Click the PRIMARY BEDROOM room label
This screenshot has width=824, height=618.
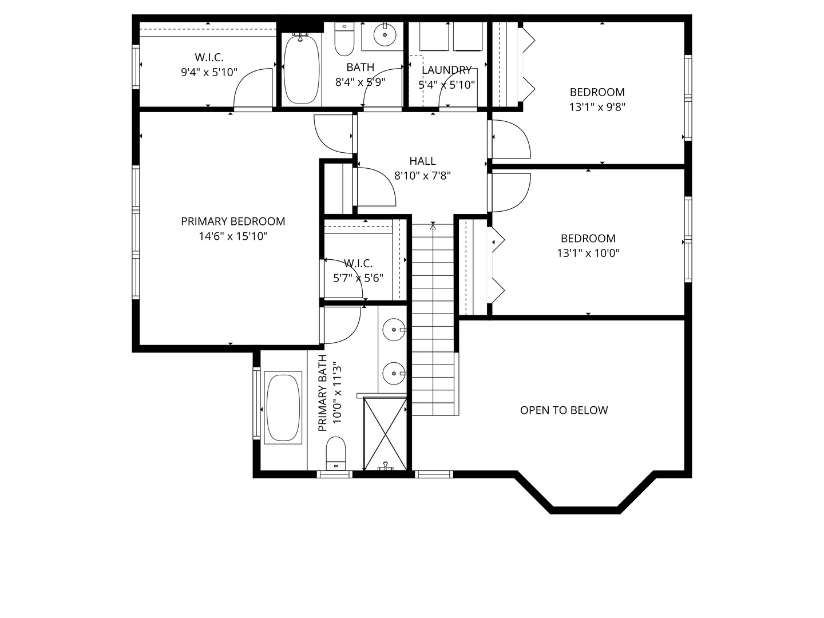(233, 221)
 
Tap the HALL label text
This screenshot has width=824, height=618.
(422, 161)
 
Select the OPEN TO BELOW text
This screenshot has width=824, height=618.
(564, 410)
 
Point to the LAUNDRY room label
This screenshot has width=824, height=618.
(447, 70)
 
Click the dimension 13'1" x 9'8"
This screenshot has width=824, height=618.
(597, 108)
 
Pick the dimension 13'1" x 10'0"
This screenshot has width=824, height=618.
(588, 253)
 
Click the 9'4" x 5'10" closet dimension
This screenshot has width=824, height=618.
(209, 72)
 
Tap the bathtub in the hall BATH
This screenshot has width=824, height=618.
(302, 69)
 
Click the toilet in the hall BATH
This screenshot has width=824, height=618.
(344, 39)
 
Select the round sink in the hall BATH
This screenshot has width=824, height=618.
(385, 35)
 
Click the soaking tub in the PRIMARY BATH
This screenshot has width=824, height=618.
(283, 408)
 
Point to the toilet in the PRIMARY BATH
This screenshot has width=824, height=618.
(335, 453)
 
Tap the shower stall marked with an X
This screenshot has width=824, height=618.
(385, 434)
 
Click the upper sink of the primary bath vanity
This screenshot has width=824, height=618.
(394, 330)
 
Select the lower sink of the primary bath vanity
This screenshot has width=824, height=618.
(394, 373)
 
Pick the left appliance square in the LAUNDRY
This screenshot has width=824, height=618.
(434, 37)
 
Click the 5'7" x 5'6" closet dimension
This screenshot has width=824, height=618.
(358, 279)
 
